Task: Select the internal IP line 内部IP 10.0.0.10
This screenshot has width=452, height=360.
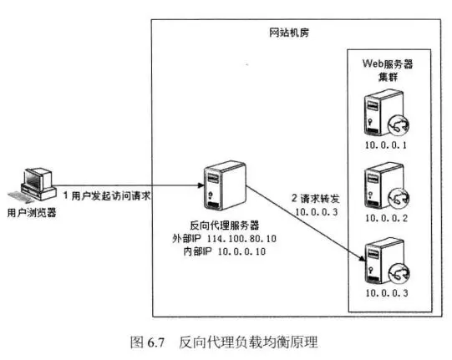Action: point(219,251)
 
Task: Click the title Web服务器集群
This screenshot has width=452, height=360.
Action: point(387,70)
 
